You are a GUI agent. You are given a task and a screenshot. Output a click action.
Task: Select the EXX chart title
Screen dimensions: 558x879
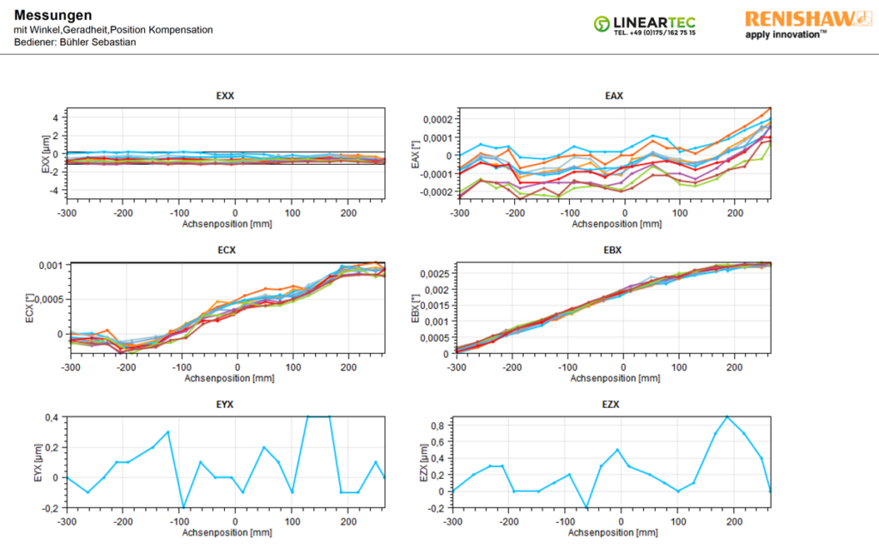225,96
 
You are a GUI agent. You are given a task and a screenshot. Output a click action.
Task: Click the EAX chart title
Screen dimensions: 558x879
614,96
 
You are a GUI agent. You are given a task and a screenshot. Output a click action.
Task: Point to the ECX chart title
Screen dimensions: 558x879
225,252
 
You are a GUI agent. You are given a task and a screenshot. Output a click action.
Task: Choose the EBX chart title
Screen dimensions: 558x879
614,252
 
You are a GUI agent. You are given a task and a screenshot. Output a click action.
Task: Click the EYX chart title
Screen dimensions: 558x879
225,403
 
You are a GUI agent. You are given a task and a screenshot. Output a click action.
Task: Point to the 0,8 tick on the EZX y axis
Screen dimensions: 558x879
438,425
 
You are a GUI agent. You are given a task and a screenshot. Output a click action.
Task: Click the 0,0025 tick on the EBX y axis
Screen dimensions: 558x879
430,275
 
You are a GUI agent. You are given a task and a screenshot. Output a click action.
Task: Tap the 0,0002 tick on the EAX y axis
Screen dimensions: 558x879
429,119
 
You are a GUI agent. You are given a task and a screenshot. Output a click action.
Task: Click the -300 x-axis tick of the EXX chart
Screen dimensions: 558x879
68,211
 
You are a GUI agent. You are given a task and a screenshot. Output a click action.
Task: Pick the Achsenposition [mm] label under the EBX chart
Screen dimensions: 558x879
614,378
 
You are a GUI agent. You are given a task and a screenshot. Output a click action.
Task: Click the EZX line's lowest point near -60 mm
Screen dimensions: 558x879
586,508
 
